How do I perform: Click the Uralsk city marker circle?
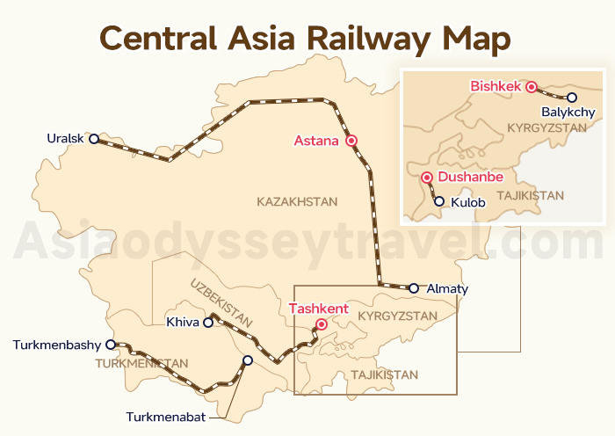click(94, 138)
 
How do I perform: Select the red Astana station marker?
click(351, 140)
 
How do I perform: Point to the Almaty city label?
click(447, 288)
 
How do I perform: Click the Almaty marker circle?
click(413, 287)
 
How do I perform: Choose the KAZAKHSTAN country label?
click(297, 201)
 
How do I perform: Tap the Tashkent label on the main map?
click(319, 309)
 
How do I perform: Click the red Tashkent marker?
click(322, 324)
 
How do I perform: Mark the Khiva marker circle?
click(208, 323)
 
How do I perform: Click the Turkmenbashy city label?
click(58, 345)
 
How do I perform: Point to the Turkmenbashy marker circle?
click(111, 345)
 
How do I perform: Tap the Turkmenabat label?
click(166, 417)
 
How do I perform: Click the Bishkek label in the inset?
click(496, 86)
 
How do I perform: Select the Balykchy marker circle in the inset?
click(572, 98)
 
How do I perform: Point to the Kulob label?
click(467, 202)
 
